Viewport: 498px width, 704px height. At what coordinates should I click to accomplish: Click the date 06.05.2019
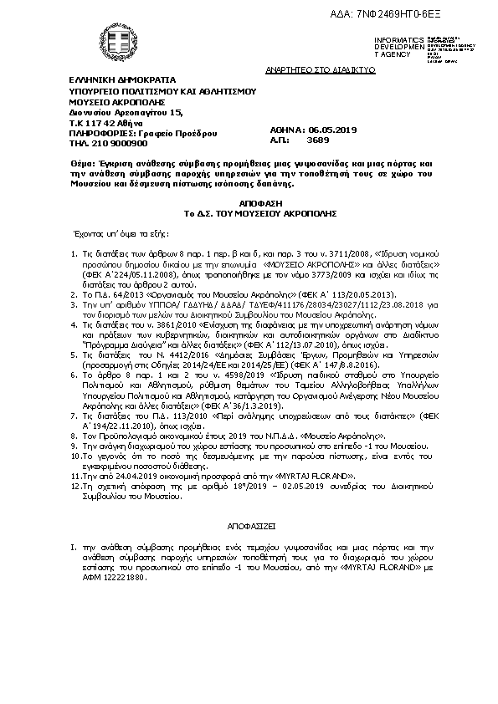(x=334, y=130)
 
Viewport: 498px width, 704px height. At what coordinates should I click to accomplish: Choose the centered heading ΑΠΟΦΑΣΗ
(x=249, y=203)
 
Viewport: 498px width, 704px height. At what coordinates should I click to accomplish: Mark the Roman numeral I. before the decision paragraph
(x=74, y=544)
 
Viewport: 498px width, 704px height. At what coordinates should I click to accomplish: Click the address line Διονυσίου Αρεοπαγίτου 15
(x=126, y=111)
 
